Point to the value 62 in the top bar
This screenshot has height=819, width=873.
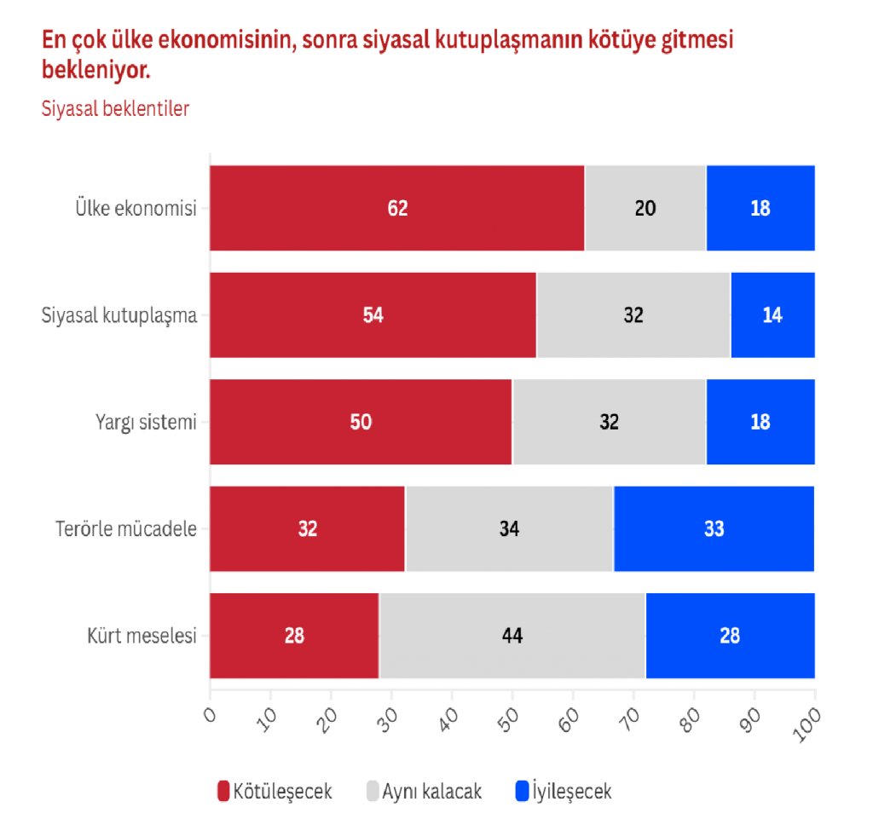point(397,208)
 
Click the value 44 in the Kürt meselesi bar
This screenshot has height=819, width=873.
point(512,636)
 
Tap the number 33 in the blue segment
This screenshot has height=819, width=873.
point(714,528)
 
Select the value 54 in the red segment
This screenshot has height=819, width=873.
point(373,314)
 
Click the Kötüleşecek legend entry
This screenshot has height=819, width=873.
point(275,791)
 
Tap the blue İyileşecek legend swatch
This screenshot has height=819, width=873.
point(522,791)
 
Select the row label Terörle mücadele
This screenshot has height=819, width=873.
point(120,528)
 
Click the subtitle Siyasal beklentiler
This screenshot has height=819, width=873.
point(115,108)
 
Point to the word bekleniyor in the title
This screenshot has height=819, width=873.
point(95,70)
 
